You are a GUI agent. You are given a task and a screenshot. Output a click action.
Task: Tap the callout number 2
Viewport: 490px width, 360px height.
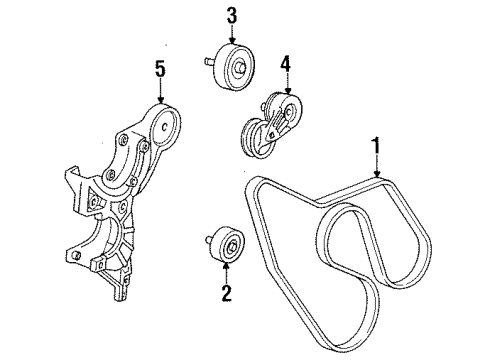[226, 295]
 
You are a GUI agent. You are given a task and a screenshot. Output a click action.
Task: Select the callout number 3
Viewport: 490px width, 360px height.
[232, 17]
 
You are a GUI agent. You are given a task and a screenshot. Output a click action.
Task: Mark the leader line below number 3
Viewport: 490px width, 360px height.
[232, 34]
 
